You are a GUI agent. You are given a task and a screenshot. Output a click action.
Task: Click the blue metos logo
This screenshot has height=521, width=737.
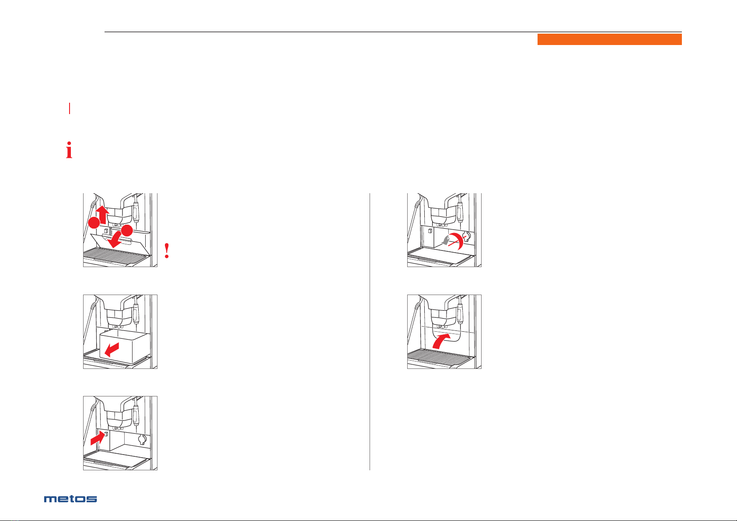point(70,499)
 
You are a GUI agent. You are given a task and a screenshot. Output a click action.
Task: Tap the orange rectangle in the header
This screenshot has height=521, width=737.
point(609,39)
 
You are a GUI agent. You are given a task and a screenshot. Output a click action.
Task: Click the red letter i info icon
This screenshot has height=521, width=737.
point(69,150)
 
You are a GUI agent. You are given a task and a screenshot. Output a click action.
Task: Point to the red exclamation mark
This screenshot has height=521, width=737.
point(167,250)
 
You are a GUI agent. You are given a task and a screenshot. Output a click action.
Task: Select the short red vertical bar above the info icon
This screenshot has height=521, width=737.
point(70,108)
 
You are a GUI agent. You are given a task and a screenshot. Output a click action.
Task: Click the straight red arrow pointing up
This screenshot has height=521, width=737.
point(102,214)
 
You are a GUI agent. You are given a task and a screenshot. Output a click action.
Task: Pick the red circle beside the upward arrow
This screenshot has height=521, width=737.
point(94,222)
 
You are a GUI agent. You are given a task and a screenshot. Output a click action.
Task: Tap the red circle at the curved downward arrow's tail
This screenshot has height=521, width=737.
point(127,231)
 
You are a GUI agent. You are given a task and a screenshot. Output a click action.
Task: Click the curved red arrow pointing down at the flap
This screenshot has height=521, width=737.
point(114,240)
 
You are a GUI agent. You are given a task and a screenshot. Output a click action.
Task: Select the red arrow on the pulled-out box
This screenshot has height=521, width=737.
point(112,350)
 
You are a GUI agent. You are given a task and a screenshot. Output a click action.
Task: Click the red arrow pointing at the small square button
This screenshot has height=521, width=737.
point(98,438)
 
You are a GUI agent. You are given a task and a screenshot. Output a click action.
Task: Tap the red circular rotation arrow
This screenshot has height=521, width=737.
point(458,241)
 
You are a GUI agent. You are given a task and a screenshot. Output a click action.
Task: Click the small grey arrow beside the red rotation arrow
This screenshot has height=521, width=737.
point(444,241)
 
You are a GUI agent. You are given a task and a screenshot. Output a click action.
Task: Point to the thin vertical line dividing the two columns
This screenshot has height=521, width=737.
point(370,332)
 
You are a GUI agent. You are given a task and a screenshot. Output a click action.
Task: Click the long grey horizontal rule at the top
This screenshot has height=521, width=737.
point(393,32)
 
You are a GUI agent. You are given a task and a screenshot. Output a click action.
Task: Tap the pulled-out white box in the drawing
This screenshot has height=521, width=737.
point(124,347)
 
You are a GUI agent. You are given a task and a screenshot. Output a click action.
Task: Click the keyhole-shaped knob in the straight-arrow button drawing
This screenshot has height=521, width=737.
point(142,439)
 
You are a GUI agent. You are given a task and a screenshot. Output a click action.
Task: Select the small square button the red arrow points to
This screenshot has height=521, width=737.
point(106,434)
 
